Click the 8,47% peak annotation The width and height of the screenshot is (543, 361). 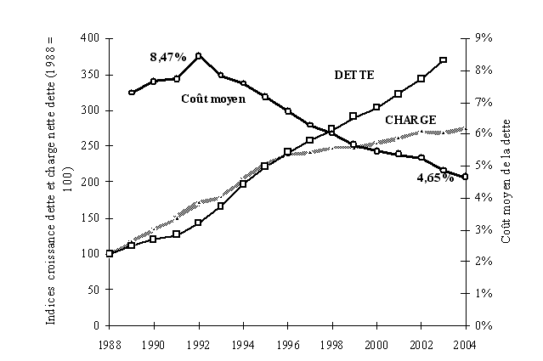tap(167, 57)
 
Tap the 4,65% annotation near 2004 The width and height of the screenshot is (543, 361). tap(433, 178)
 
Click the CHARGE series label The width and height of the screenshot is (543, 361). tap(410, 120)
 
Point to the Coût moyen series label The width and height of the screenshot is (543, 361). tap(213, 99)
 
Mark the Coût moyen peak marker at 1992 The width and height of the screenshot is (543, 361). tap(198, 56)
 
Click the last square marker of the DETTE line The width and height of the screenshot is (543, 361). tap(443, 60)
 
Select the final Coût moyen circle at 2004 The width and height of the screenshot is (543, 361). tap(464, 177)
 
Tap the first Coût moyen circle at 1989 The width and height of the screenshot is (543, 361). tap(132, 92)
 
